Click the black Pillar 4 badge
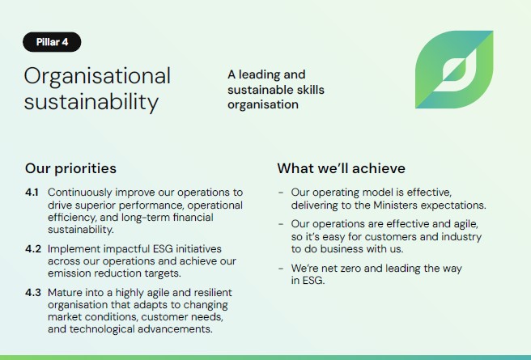[52, 42]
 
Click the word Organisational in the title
[97, 77]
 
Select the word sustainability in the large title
[91, 102]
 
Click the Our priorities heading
[70, 168]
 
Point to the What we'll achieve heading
[341, 168]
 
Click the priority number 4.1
[32, 193]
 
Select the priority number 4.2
[33, 248]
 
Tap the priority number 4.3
[33, 292]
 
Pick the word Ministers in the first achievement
[395, 205]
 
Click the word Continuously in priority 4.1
[80, 193]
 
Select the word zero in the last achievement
[350, 269]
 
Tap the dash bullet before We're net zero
[281, 269]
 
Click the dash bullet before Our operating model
[281, 193]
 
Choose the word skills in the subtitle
[311, 90]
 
